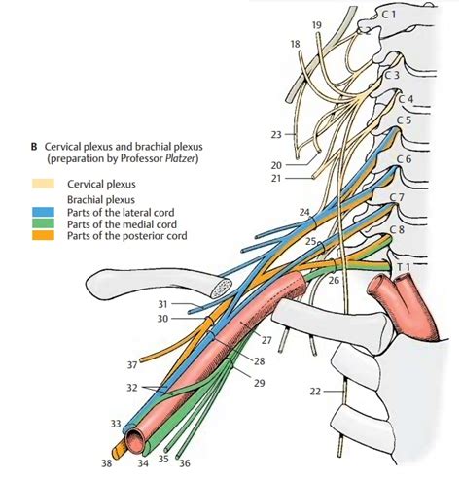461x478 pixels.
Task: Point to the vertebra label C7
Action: (396, 197)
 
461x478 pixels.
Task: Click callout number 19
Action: (317, 23)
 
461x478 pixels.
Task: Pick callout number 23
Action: (276, 134)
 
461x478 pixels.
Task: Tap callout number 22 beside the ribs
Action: (313, 391)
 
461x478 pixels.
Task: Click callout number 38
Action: (107, 463)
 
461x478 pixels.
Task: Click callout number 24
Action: (305, 211)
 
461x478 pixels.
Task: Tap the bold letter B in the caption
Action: (34, 149)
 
